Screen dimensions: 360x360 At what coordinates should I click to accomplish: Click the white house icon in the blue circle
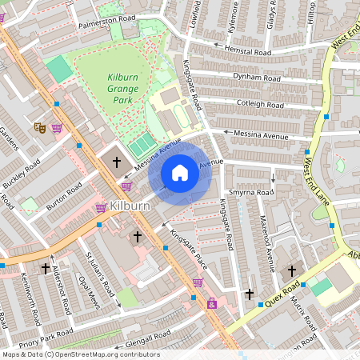pyautogui.click(x=180, y=173)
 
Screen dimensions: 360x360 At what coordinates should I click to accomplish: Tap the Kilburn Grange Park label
pyautogui.click(x=123, y=88)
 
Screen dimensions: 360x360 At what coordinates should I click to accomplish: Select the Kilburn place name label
pyautogui.click(x=130, y=206)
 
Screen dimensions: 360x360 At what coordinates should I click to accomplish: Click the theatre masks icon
pyautogui.click(x=38, y=127)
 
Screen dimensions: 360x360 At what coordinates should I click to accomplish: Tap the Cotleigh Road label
pyautogui.click(x=261, y=105)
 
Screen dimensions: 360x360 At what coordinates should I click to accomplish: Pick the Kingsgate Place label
pyautogui.click(x=189, y=248)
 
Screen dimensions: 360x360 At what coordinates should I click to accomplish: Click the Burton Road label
pyautogui.click(x=64, y=196)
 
